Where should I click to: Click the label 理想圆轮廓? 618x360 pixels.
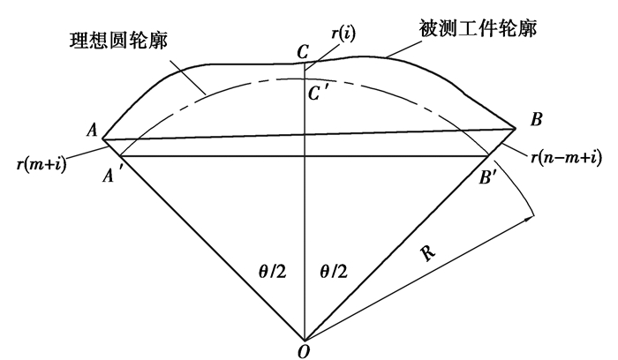(118, 41)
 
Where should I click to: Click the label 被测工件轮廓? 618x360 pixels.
(478, 28)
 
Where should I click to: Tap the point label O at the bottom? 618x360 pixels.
(303, 352)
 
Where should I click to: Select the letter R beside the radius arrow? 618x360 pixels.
(428, 252)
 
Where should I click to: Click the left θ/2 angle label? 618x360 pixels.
(272, 272)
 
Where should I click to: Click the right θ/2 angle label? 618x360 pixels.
(334, 272)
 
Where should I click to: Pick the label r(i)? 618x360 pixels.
(343, 34)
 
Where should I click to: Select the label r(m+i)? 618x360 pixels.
(41, 163)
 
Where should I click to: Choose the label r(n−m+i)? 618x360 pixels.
(567, 158)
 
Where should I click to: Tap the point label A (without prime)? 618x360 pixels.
(92, 129)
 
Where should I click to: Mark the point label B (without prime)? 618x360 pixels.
(537, 119)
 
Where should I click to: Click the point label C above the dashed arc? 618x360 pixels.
(303, 51)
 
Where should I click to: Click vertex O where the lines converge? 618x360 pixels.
(305, 341)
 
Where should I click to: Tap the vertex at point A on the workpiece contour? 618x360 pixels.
(103, 139)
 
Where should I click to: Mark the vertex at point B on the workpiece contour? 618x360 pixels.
(516, 129)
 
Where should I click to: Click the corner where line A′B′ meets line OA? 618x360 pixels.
(120, 156)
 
